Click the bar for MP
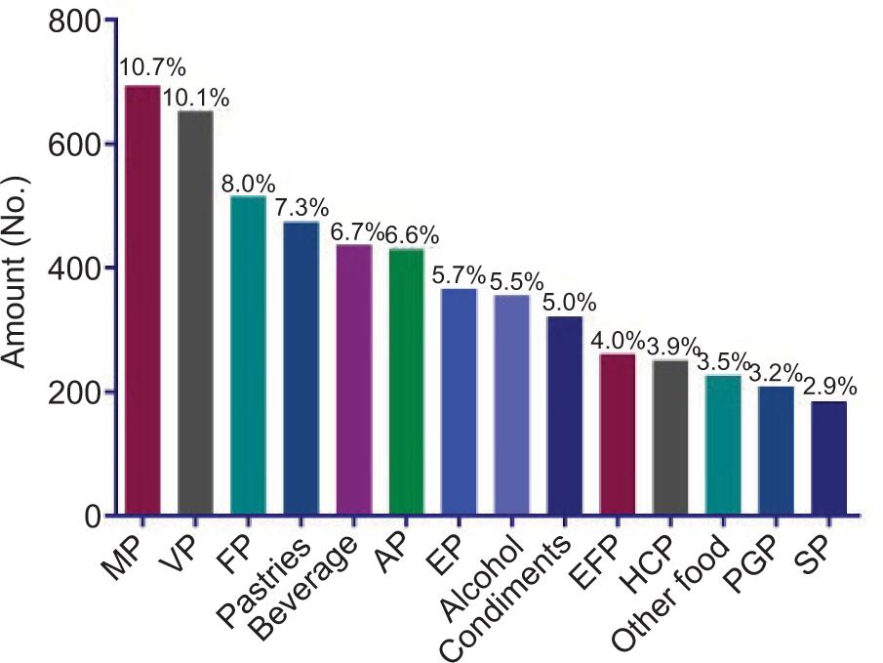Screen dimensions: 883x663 click(142, 300)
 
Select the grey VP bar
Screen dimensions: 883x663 click(195, 312)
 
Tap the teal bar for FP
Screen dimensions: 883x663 click(249, 354)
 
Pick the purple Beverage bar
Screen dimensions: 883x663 click(354, 380)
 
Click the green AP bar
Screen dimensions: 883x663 click(407, 381)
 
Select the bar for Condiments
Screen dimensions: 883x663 click(565, 416)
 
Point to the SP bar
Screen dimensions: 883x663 click(829, 458)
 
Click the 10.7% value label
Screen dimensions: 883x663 click(152, 67)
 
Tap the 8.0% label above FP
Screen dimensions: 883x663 click(249, 185)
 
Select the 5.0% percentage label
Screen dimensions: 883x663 click(570, 303)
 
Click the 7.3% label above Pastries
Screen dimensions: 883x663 click(301, 208)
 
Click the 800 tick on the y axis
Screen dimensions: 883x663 click(74, 23)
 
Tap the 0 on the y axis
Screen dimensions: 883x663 click(93, 517)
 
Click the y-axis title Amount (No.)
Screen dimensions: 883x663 click(15, 272)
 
